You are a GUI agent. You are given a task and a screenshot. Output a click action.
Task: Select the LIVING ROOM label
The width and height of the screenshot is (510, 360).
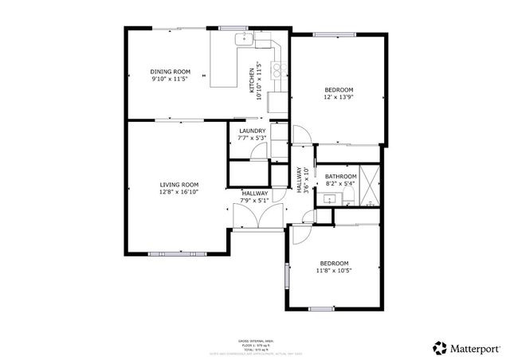click(x=178, y=184)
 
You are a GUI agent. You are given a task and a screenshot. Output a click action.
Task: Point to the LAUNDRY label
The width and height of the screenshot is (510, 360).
click(x=252, y=131)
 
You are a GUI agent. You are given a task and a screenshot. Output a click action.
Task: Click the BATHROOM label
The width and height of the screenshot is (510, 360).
click(x=340, y=176)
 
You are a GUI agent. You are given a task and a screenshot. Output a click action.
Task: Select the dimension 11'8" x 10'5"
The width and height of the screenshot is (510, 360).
click(x=335, y=271)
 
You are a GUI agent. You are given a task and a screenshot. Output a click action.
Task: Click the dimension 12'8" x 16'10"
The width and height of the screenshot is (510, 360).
click(x=178, y=191)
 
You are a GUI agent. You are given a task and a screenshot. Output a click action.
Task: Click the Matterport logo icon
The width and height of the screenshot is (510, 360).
click(x=439, y=346)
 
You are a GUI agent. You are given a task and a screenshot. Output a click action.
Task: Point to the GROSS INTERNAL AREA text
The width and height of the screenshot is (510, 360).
click(x=254, y=339)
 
